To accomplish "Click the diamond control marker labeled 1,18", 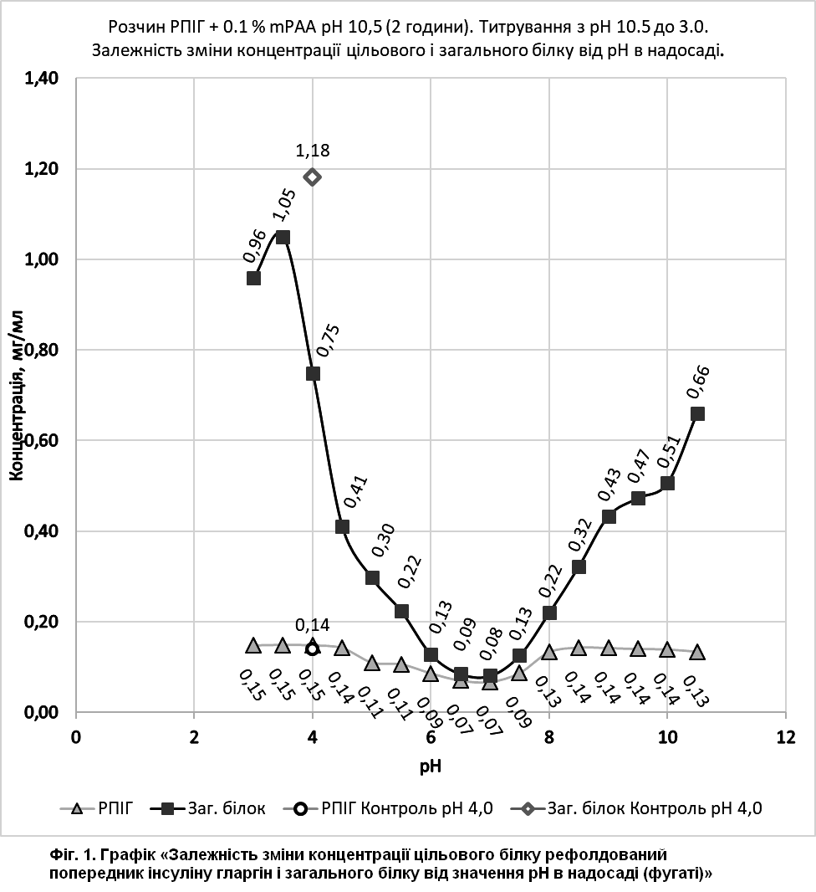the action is pyautogui.click(x=313, y=177).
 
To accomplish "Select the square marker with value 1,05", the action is pyautogui.click(x=283, y=237).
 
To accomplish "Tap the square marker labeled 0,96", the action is pyautogui.click(x=253, y=278).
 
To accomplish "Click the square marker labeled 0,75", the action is pyautogui.click(x=313, y=373).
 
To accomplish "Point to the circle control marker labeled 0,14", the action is pyautogui.click(x=313, y=648).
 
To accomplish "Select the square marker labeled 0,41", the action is pyautogui.click(x=342, y=527).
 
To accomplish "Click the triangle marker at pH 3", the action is pyautogui.click(x=253, y=645).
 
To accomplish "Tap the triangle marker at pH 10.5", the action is pyautogui.click(x=697, y=653).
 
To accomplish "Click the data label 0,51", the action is pyautogui.click(x=669, y=452).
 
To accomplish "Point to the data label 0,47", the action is pyautogui.click(x=640, y=466).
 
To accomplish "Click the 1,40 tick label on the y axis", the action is pyautogui.click(x=42, y=79).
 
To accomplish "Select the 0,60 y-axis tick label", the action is pyautogui.click(x=42, y=441).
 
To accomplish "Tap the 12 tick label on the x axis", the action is pyautogui.click(x=786, y=737).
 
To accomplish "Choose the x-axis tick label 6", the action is pyautogui.click(x=431, y=737).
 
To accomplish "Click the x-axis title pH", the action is pyautogui.click(x=431, y=766).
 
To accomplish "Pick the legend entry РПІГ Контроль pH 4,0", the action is pyautogui.click(x=388, y=807).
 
